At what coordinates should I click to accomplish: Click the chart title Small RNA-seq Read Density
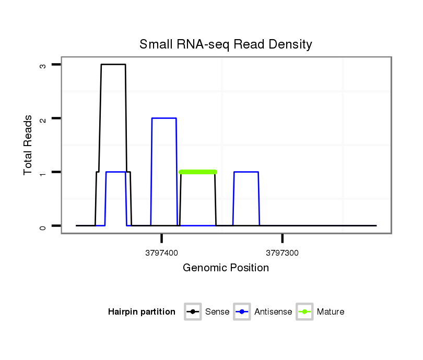coord(226,44)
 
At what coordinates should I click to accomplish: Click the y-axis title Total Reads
coord(29,145)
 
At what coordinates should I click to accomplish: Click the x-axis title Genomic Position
coord(226,268)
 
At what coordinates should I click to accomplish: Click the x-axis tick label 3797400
coord(162,253)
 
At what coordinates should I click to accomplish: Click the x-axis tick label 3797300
coord(283,253)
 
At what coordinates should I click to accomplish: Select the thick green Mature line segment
coord(197,172)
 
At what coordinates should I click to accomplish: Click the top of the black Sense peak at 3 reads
coord(113,65)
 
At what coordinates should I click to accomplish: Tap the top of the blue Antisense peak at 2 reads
coord(163,118)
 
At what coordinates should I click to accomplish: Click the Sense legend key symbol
coord(193,312)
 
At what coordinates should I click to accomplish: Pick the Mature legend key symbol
coord(304,312)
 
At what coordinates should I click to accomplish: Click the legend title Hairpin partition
coord(142,312)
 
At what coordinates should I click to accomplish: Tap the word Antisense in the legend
coord(273,312)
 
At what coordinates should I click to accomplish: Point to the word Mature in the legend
coord(331,312)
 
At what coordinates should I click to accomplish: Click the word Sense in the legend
coord(217,312)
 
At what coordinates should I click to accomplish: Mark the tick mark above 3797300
coord(283,238)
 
